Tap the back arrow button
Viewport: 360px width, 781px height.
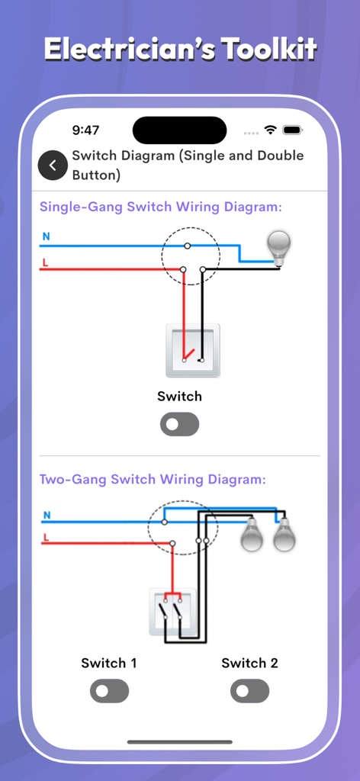pyautogui.click(x=53, y=166)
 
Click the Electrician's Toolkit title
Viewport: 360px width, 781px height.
pyautogui.click(x=180, y=50)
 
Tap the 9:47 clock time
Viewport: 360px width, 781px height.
pyautogui.click(x=85, y=130)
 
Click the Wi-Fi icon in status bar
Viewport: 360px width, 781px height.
pyautogui.click(x=270, y=130)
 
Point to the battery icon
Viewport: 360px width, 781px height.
pyautogui.click(x=293, y=130)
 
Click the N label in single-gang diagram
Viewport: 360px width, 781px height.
pyautogui.click(x=46, y=237)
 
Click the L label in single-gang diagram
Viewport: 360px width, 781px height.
pyautogui.click(x=45, y=262)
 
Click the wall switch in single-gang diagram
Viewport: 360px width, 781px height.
pyautogui.click(x=193, y=350)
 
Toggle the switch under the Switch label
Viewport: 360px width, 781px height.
pyautogui.click(x=179, y=424)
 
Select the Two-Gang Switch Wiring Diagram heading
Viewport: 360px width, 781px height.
pyautogui.click(x=153, y=480)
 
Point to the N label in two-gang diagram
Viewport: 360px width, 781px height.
pyautogui.click(x=47, y=516)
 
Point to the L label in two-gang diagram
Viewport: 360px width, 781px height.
pyautogui.click(x=46, y=537)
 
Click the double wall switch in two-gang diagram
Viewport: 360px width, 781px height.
pyautogui.click(x=172, y=612)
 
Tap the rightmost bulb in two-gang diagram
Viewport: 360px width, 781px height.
pyautogui.click(x=284, y=534)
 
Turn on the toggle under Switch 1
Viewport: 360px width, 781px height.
pyautogui.click(x=109, y=691)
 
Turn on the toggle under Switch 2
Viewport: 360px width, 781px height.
pyautogui.click(x=249, y=691)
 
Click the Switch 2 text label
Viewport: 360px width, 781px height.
pyautogui.click(x=249, y=663)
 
